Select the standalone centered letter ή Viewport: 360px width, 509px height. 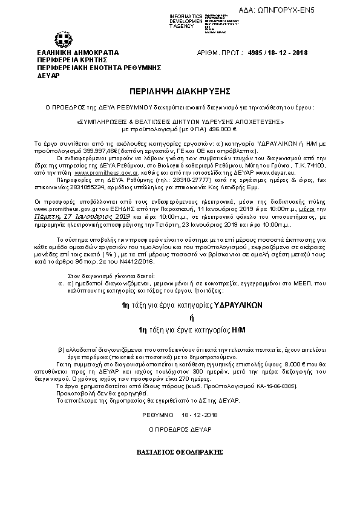point(180,318)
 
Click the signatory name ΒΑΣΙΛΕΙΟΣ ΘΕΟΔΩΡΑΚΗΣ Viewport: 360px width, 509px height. point(180,452)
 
